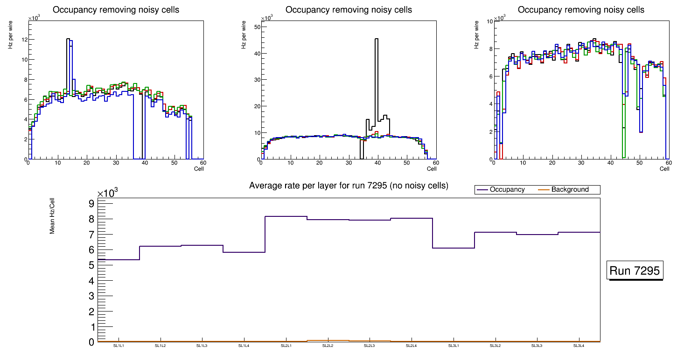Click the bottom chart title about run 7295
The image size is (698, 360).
pos(349,186)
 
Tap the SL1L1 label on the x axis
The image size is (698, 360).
pos(119,346)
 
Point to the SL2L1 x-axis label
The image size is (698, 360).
pos(286,346)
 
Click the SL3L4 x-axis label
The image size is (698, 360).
pos(579,346)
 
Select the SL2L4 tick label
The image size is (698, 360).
pos(412,346)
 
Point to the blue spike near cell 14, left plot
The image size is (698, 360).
pos(71,42)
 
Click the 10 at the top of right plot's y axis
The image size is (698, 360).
pos(489,21)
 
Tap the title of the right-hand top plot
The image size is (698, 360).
pos(581,10)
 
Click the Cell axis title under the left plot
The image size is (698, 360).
pos(199,169)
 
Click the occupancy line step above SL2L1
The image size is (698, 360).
pos(286,216)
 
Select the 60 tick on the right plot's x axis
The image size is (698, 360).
pos(668,163)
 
